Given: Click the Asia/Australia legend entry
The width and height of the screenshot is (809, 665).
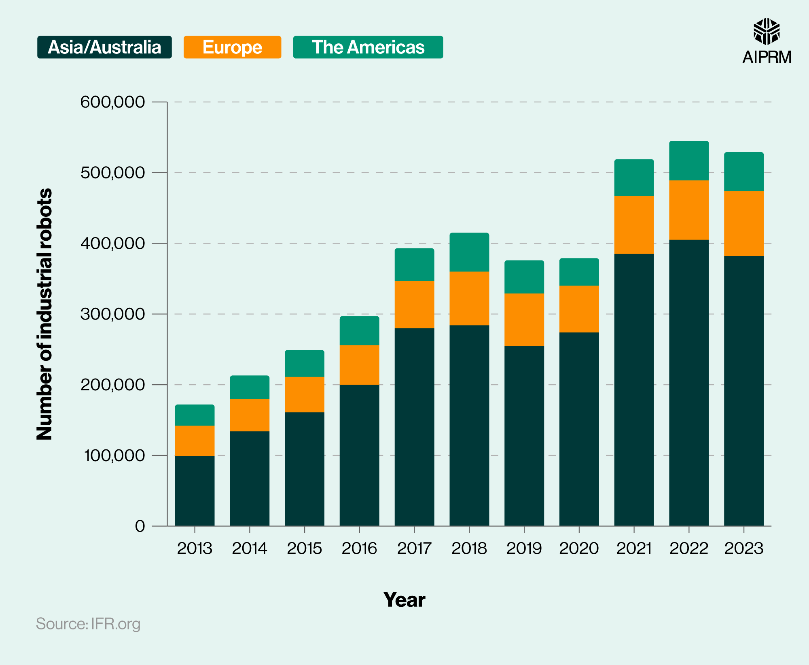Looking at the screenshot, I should (x=104, y=47).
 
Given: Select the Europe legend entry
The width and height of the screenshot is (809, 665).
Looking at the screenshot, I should (x=232, y=47).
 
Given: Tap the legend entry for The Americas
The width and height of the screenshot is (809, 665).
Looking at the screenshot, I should (x=368, y=47).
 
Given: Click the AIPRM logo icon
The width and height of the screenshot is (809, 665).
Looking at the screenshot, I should (x=766, y=32).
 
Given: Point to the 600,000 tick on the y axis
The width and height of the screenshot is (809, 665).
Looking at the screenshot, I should (x=112, y=102).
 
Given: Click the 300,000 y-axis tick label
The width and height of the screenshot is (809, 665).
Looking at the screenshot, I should (x=112, y=314).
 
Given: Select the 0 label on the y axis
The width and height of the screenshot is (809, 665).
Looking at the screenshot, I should (x=140, y=526).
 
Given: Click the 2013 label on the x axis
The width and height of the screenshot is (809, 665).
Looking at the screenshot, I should (x=195, y=549).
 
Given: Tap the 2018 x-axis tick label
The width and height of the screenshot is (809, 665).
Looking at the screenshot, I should (x=469, y=549).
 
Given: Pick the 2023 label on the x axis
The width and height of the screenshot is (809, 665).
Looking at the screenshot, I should (x=743, y=549).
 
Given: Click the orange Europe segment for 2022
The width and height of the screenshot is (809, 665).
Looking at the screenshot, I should (x=689, y=210).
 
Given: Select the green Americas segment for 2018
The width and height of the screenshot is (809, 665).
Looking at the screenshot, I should (x=469, y=252).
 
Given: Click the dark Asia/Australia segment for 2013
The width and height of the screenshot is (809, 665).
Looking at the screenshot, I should (x=195, y=491).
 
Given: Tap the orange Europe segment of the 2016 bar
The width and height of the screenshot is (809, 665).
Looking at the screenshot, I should (x=359, y=364).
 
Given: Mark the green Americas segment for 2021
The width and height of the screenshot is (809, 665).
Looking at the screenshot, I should (x=634, y=178).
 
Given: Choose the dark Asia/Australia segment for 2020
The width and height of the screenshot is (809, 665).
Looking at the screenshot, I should (x=579, y=429).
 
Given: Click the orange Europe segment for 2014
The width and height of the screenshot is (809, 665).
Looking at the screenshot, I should (x=250, y=415).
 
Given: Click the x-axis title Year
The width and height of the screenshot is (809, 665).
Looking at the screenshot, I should (x=404, y=599).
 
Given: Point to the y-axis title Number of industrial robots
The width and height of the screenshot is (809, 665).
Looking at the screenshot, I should (x=44, y=314).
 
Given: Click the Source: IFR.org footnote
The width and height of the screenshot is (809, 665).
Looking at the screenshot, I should (x=88, y=624).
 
